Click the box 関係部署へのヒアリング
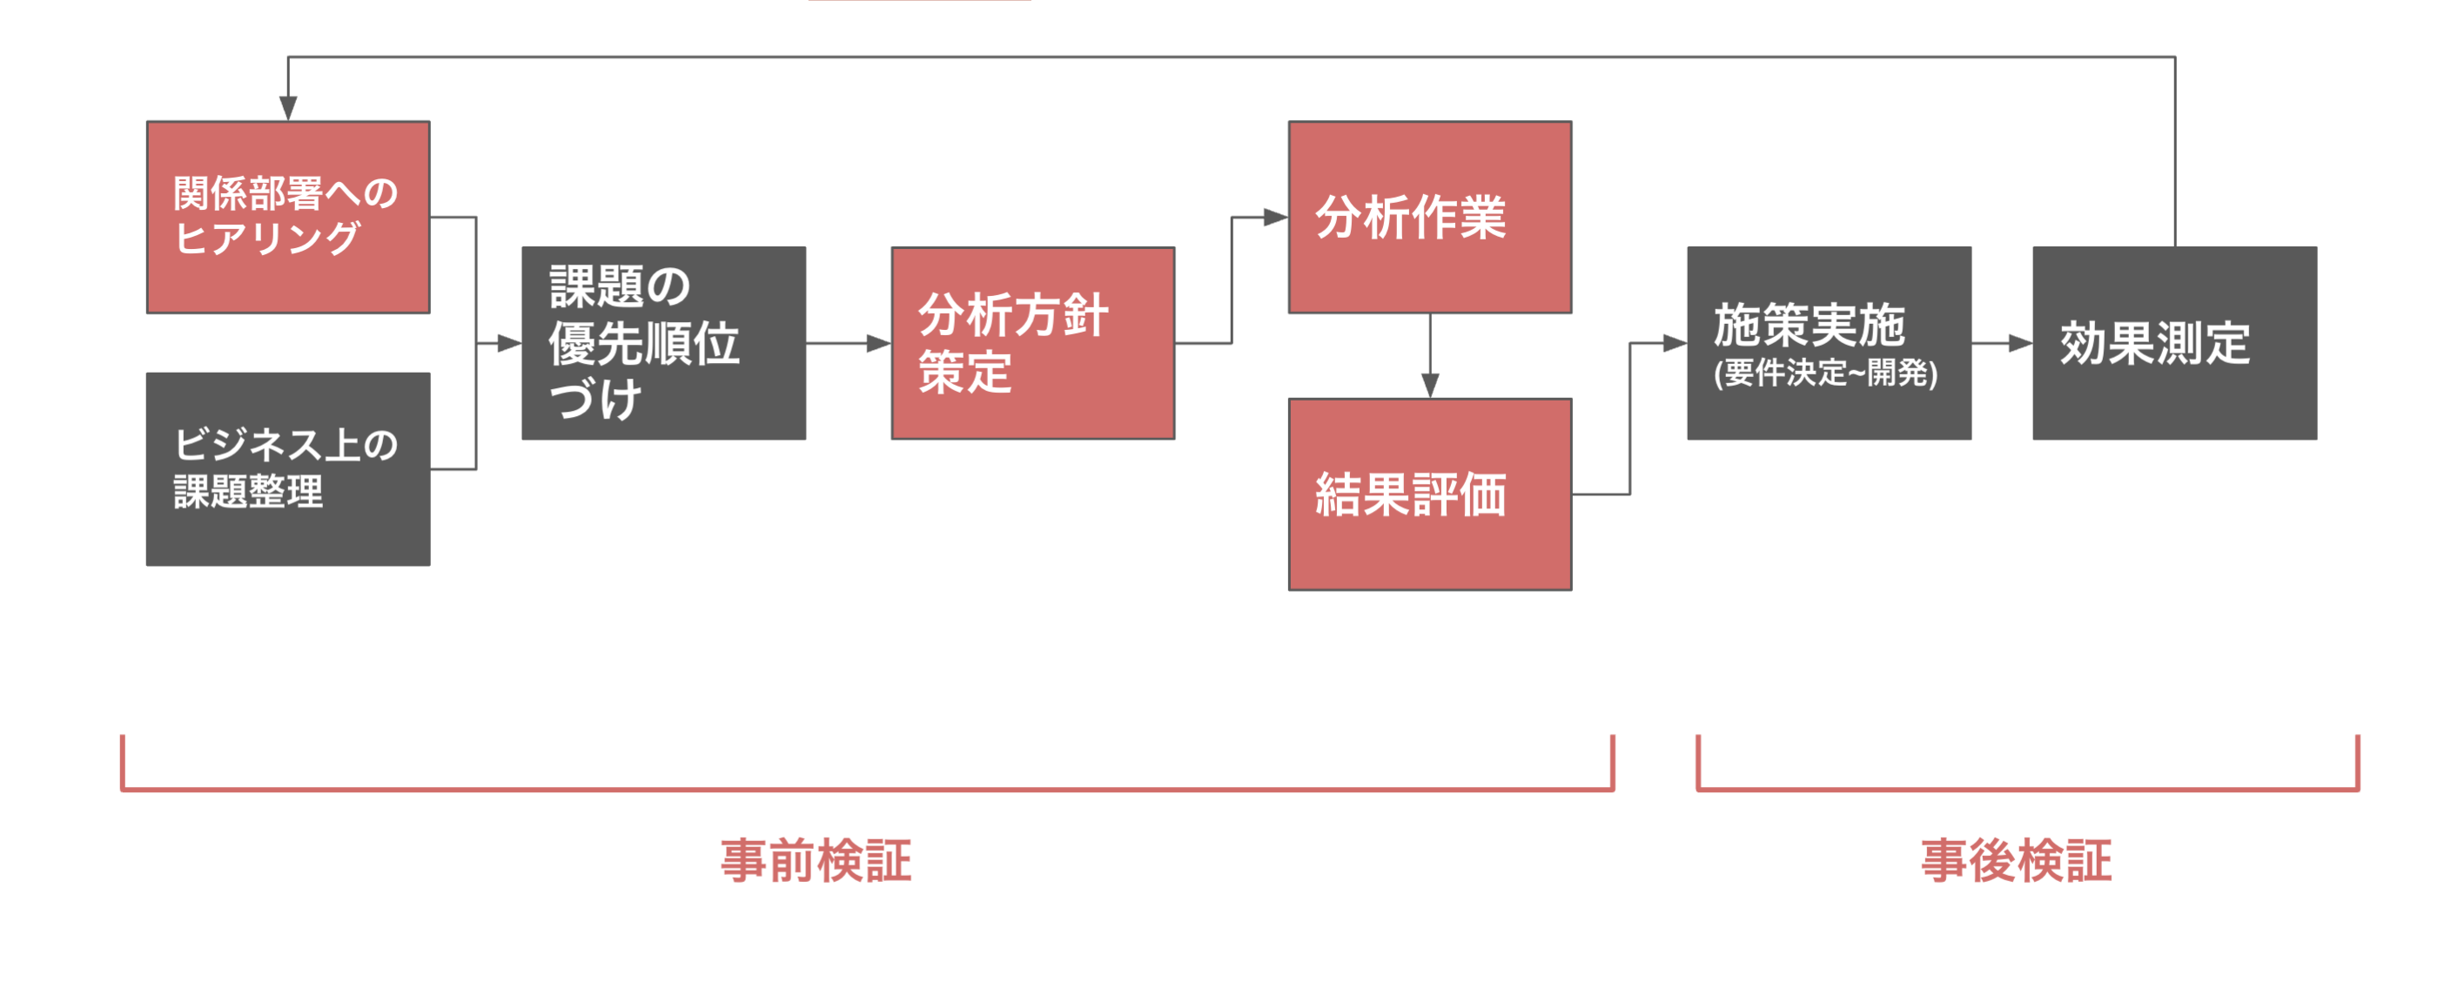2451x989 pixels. pos(288,217)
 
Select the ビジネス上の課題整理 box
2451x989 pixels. pos(288,469)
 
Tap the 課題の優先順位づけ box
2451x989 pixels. pos(663,343)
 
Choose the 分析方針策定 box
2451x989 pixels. pos(1032,343)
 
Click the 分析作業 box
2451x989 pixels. pos(1429,217)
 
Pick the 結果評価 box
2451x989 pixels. pos(1429,494)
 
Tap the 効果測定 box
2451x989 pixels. pos(2174,343)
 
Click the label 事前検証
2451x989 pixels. pos(816,860)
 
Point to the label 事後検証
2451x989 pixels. pos(2016,860)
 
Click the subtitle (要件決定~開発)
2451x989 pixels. pos(1825,373)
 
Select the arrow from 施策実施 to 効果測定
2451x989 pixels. pos(2001,343)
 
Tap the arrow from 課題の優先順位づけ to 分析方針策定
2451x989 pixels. pos(847,343)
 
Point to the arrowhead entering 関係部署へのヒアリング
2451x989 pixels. pos(288,109)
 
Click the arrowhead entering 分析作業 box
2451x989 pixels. pos(1275,217)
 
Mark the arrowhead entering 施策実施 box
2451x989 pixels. pos(1675,343)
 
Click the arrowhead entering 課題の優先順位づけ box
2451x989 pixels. pos(509,343)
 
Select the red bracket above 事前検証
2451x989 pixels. pos(867,788)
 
